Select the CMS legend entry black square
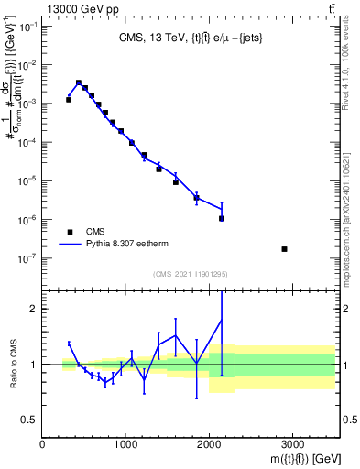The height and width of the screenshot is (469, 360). pyautogui.click(x=69, y=232)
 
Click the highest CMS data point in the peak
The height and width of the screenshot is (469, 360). pyautogui.click(x=79, y=82)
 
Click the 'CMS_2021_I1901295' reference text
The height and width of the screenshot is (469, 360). pyautogui.click(x=191, y=274)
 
